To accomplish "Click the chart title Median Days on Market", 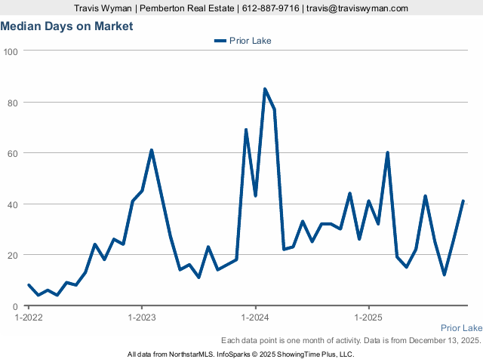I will (66, 26).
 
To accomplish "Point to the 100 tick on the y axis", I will (11, 51).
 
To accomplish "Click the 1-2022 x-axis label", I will (29, 317).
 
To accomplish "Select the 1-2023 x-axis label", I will (142, 317).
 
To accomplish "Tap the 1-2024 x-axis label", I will (255, 317).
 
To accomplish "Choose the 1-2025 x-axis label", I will (368, 317).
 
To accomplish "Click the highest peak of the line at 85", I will (265, 89).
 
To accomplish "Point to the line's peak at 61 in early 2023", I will (152, 150).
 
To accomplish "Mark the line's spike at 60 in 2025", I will (387, 153).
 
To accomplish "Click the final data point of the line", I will (463, 201).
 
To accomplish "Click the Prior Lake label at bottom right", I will (461, 328).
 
